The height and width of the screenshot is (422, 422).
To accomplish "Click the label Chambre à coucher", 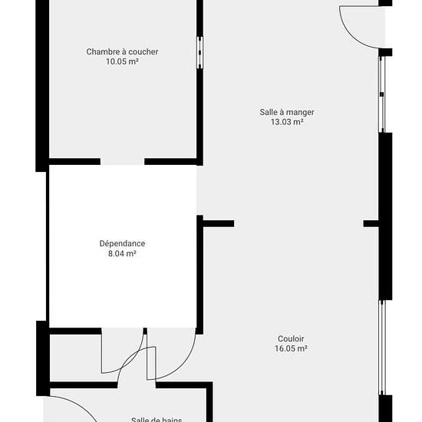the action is (x=122, y=51).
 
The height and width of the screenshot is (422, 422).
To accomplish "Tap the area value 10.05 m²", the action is (x=122, y=61).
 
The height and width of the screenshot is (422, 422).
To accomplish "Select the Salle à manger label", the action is (x=287, y=112).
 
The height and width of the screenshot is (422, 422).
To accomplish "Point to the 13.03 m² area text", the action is (x=287, y=122).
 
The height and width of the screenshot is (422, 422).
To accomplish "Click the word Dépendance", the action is (x=122, y=243).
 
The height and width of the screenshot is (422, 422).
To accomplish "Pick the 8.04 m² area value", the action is (x=122, y=253).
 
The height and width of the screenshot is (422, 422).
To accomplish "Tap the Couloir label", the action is (x=291, y=338).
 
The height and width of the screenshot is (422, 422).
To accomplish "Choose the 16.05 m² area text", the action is (x=291, y=348).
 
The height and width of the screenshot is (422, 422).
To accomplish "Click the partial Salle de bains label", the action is (x=157, y=419).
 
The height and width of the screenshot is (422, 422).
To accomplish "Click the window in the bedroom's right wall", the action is (x=199, y=52).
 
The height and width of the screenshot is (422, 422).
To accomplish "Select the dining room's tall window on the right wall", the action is (x=382, y=94).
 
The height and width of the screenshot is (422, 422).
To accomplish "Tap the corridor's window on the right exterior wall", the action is (x=382, y=348).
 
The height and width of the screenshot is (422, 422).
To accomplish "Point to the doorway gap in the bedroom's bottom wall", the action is (x=123, y=161).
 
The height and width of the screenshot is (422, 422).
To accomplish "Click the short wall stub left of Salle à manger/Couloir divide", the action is (x=218, y=223).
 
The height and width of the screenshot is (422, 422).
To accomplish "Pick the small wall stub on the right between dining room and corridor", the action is (x=371, y=223).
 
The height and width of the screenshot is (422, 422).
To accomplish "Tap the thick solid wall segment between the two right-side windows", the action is (x=385, y=216).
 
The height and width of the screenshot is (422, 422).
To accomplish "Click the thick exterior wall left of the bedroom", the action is (x=42, y=86).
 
